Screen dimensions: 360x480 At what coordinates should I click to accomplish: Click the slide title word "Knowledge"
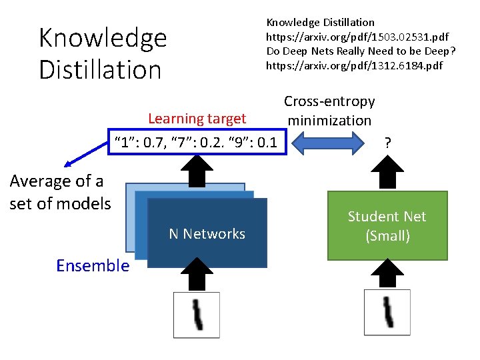[x=103, y=38]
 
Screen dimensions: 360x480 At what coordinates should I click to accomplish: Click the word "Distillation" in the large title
[x=100, y=69]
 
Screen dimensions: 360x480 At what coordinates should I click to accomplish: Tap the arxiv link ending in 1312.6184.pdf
[x=354, y=65]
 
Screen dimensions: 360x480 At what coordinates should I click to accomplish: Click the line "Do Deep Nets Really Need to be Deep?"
[x=361, y=51]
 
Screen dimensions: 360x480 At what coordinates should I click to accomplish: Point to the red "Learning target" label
[x=197, y=119]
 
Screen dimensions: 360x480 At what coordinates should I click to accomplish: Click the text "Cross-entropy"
[x=329, y=101]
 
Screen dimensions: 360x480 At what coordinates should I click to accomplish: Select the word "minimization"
[x=329, y=121]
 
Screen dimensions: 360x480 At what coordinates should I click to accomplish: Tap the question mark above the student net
[x=388, y=142]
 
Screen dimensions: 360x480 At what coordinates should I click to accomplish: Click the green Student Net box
[x=387, y=225]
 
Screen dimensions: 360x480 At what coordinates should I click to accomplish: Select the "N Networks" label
[x=207, y=233]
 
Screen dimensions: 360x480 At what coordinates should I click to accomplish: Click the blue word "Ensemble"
[x=93, y=266]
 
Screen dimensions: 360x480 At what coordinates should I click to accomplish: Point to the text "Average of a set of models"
[x=60, y=192]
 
